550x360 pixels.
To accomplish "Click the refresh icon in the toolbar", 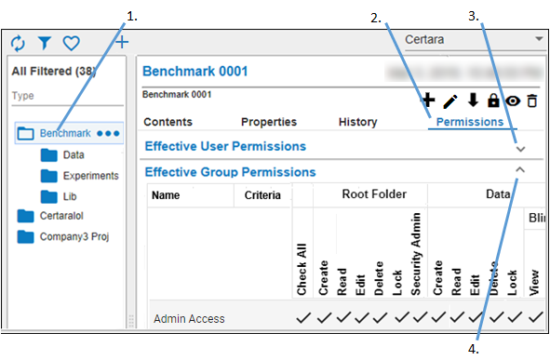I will (x=18, y=43).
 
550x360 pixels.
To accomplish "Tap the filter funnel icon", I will (x=44, y=43).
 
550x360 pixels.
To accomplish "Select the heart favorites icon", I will (x=71, y=43).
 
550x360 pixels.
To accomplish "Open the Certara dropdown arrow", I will (x=539, y=40).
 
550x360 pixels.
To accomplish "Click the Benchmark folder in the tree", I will (x=64, y=134).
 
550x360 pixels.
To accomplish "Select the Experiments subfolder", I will (x=90, y=176).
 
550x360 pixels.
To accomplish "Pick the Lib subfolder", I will (x=71, y=196).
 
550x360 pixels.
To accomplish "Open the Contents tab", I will (x=168, y=122).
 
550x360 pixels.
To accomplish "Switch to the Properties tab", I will (x=269, y=122).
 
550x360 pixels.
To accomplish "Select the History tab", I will (x=357, y=122).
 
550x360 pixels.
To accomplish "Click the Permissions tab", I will (x=470, y=122).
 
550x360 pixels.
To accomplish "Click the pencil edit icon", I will (x=450, y=100).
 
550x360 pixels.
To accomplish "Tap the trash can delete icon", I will (x=532, y=100).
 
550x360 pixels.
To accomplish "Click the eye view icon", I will (x=512, y=100).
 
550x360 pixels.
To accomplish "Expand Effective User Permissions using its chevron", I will (x=520, y=148).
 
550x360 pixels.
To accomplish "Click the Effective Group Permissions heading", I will (x=230, y=172).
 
